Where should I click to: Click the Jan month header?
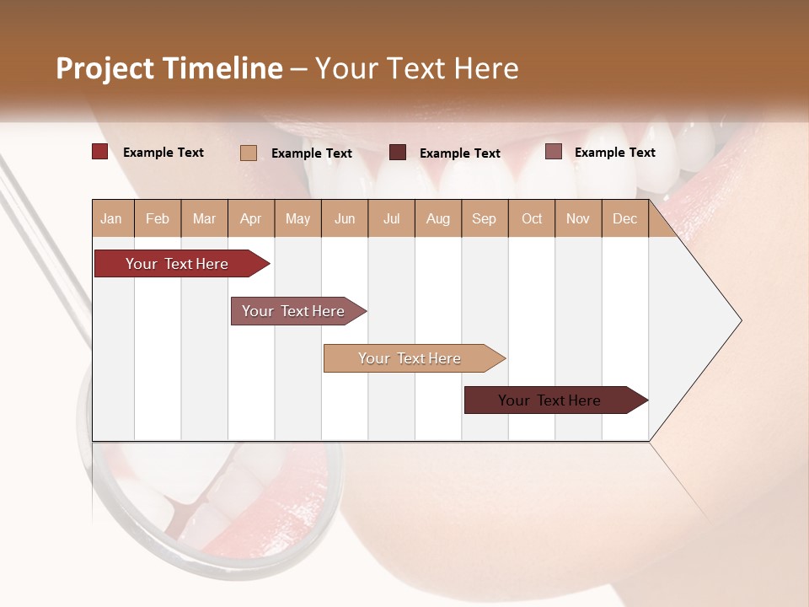click(111, 219)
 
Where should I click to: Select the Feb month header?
click(158, 219)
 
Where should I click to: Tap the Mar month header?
click(204, 219)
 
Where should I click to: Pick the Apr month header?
click(250, 219)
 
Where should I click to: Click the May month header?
click(297, 219)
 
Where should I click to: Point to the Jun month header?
click(345, 219)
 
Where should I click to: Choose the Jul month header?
click(391, 219)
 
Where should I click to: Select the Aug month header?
click(437, 219)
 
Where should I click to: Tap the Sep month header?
click(484, 219)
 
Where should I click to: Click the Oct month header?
click(532, 219)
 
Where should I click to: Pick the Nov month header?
click(577, 219)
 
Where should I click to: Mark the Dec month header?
click(624, 219)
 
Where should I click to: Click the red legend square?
click(100, 152)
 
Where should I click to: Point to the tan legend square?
click(249, 153)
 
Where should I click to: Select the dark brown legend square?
click(398, 153)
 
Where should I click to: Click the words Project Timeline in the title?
click(169, 68)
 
